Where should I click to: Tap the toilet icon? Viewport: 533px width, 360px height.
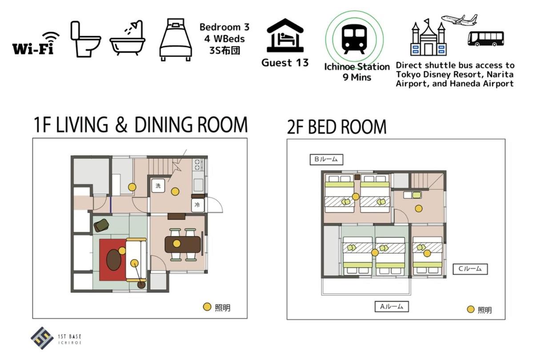click(85, 39)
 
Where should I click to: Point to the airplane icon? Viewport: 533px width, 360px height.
click(460, 20)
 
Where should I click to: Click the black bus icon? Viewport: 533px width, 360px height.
click(485, 38)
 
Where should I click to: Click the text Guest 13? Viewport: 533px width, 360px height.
click(285, 63)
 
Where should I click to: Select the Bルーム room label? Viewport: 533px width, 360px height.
click(326, 159)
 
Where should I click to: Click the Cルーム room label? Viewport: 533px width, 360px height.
click(470, 269)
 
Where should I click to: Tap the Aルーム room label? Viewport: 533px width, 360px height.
click(392, 307)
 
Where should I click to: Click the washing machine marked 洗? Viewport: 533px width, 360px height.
click(158, 186)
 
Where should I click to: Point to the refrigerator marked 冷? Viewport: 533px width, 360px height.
click(197, 205)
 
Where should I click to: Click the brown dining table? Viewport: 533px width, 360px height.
click(183, 244)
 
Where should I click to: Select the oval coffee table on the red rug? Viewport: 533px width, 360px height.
click(114, 260)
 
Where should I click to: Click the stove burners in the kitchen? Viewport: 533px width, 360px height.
click(197, 165)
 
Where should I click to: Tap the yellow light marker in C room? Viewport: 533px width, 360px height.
click(427, 253)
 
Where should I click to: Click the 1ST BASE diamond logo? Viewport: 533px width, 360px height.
click(42, 338)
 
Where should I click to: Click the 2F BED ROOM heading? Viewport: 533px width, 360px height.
click(337, 127)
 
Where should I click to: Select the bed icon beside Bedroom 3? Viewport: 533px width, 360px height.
click(176, 40)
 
